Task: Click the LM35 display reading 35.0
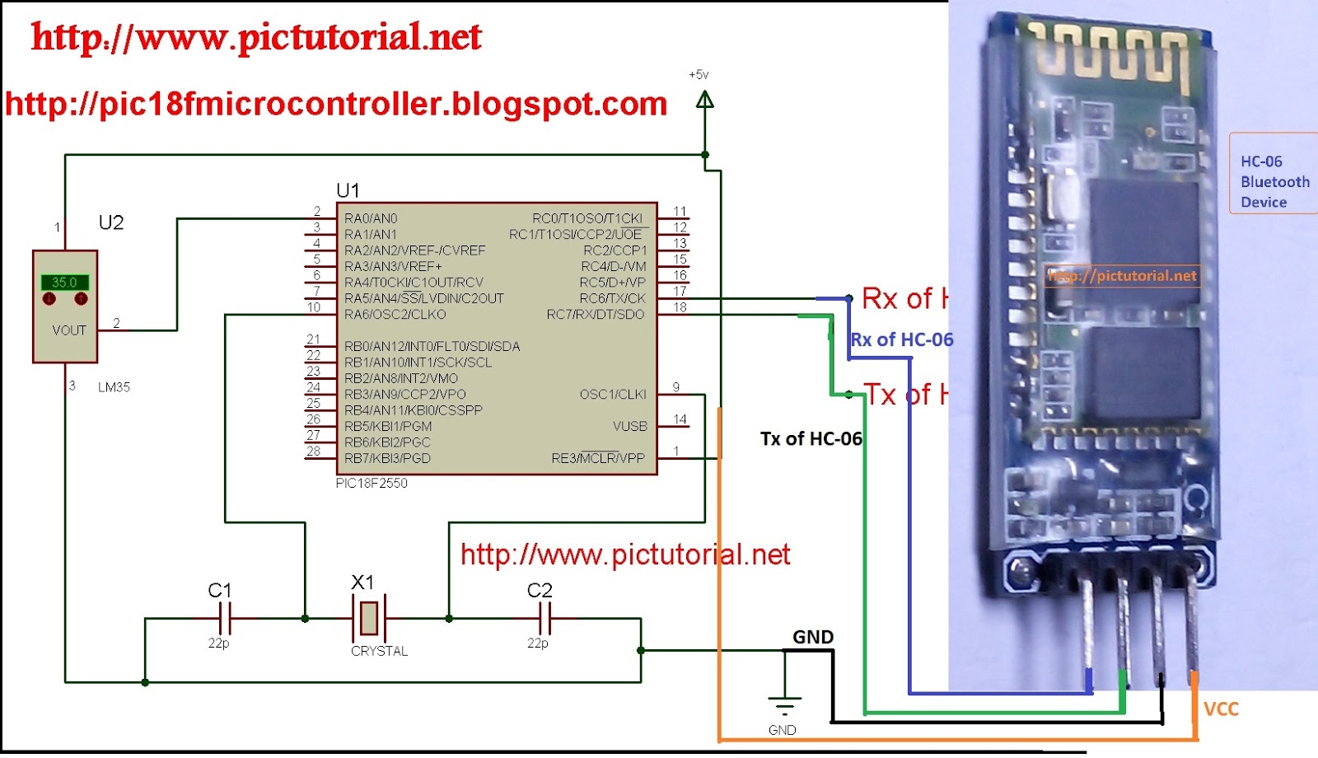(x=64, y=283)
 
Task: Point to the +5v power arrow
(x=704, y=101)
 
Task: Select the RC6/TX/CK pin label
(x=612, y=298)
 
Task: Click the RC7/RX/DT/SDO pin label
(x=596, y=314)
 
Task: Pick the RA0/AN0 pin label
(x=371, y=218)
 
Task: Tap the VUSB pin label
(x=630, y=426)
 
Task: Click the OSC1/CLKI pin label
(x=613, y=394)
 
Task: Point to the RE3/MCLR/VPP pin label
(x=598, y=458)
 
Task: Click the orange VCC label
(x=1221, y=709)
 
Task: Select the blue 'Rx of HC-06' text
(x=902, y=339)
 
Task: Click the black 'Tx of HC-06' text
(x=811, y=438)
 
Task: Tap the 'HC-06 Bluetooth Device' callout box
(x=1274, y=181)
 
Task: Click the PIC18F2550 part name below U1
(x=372, y=484)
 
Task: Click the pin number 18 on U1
(x=680, y=307)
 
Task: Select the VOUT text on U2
(x=69, y=330)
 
